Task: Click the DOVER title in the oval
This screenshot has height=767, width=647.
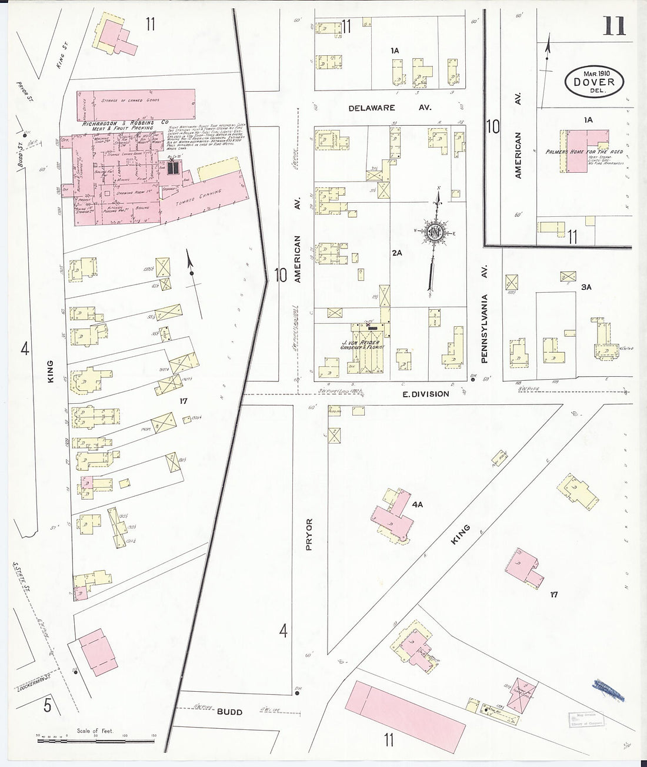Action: point(595,82)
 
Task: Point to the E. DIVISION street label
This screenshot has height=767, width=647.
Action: point(426,394)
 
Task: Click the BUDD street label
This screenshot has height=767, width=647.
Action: point(230,712)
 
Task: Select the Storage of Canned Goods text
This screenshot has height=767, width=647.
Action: point(131,101)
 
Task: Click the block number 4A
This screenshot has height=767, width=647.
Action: point(418,504)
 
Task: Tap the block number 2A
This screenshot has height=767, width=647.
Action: point(397,253)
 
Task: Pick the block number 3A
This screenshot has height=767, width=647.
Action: point(586,287)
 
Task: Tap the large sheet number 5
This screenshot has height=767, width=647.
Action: point(47,704)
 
